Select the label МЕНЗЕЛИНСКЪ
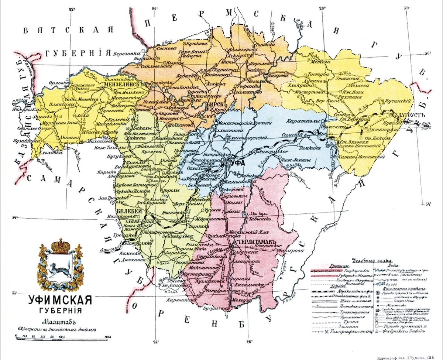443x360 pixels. [x=124, y=83]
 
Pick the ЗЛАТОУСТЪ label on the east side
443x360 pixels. [x=395, y=116]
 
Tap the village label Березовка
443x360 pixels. [x=128, y=52]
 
